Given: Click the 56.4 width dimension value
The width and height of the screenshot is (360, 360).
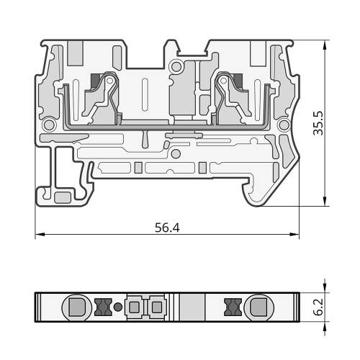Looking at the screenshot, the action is pos(167,228).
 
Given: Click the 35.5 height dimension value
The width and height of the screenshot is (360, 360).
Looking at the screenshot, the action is pos(318,123).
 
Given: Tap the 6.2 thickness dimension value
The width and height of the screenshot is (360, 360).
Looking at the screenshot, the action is pos(318,307).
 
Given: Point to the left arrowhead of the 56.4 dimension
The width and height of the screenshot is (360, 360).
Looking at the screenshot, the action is pos(40,234).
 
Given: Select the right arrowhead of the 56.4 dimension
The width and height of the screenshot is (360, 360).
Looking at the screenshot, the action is pos(294,234).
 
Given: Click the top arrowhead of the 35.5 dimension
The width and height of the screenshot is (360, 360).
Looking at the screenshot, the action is pos(325,45).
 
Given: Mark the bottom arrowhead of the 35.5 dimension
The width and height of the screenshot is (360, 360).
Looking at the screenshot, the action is pos(325,201).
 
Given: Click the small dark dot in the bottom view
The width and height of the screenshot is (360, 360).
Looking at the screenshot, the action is pos(117,307).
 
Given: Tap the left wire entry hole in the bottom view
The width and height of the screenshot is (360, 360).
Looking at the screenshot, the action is pos(77,307).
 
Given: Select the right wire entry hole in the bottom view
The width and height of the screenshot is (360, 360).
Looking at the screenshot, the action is pos(259,307).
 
